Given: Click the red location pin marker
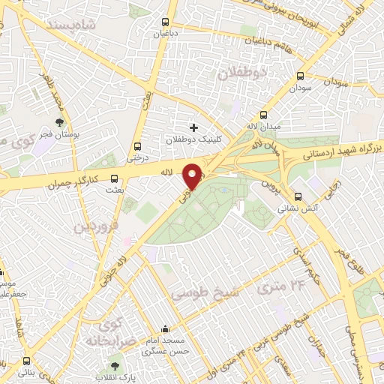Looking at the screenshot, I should [193, 175].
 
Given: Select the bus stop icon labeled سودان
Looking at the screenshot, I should [301, 76].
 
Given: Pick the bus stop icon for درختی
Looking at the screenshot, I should [136, 146].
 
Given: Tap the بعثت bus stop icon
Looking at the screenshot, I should [114, 178].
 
